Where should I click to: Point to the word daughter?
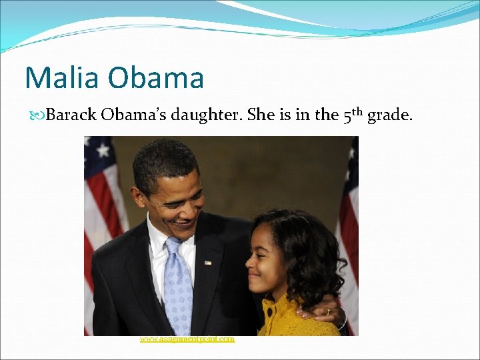207,115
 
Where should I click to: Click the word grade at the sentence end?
391,115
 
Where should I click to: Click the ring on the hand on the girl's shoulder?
328,311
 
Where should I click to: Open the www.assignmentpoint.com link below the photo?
187,339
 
